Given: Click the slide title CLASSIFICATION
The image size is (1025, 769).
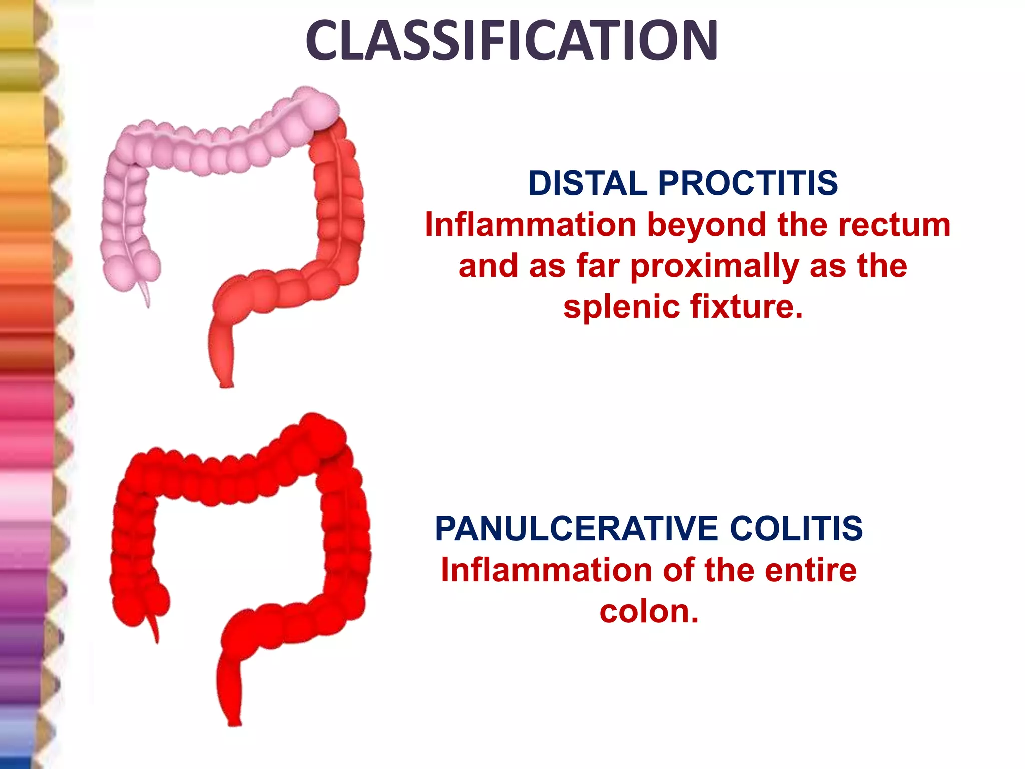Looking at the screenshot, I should [x=511, y=40].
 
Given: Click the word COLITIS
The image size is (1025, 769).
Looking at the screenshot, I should [x=796, y=529].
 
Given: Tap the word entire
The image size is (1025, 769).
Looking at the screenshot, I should [x=811, y=570].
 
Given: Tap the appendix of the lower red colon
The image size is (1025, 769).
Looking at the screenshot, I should [x=154, y=628].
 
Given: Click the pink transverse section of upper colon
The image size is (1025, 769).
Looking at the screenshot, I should [x=215, y=150].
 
